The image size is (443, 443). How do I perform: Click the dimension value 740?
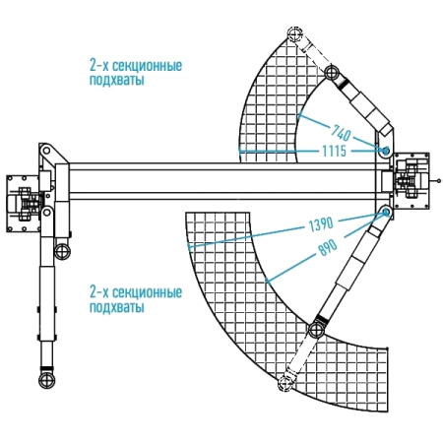(x=341, y=133)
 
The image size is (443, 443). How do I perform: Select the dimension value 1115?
(x=334, y=152)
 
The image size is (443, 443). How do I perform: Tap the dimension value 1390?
(x=321, y=224)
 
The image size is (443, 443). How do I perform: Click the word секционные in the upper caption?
(x=147, y=66)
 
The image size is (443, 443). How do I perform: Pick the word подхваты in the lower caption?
(x=117, y=307)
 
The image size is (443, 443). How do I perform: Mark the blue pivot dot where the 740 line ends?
(x=386, y=151)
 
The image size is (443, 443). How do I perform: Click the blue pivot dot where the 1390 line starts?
(x=386, y=213)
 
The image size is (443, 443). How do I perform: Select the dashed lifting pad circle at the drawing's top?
(x=294, y=33)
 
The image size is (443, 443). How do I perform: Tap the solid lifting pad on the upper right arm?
(x=332, y=72)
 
